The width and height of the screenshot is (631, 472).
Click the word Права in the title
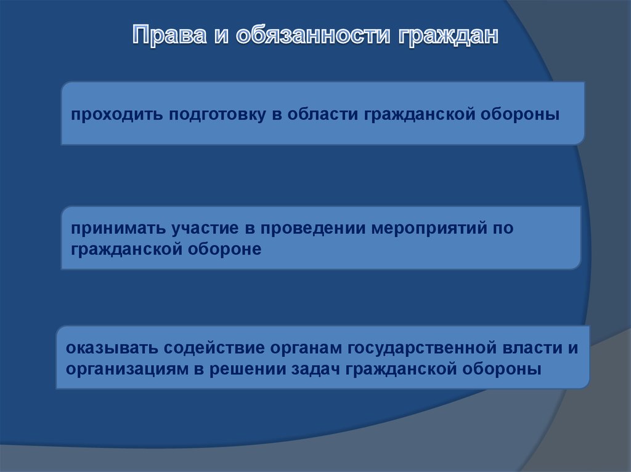click(x=169, y=34)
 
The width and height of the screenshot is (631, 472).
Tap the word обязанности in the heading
click(x=312, y=35)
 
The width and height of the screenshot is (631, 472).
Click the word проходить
click(x=116, y=114)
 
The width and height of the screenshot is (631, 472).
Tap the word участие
click(x=205, y=228)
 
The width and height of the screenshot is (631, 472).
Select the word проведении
click(x=312, y=228)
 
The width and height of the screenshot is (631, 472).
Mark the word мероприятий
click(x=429, y=228)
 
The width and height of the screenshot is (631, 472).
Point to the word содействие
click(x=214, y=348)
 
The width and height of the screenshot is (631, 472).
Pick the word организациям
click(x=127, y=369)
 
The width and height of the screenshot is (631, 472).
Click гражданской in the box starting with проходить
click(x=419, y=114)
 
